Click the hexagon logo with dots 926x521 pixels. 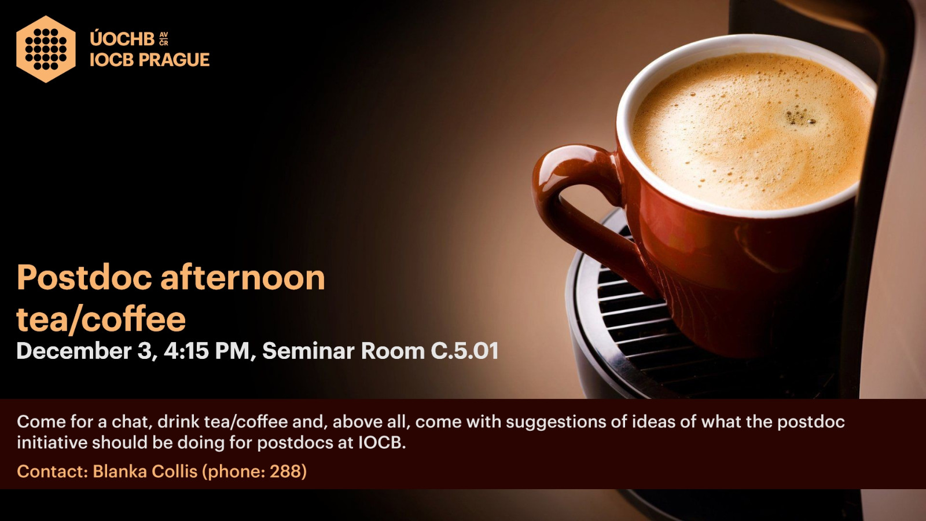(46, 49)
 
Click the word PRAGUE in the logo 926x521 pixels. (174, 60)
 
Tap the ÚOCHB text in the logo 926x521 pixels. (122, 39)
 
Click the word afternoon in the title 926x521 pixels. (242, 277)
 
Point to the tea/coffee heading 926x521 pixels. (101, 319)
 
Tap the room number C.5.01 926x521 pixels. (465, 351)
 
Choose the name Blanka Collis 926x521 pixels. (145, 471)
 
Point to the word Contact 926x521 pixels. (52, 471)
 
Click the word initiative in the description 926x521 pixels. (52, 443)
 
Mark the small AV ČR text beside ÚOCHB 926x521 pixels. (164, 39)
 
